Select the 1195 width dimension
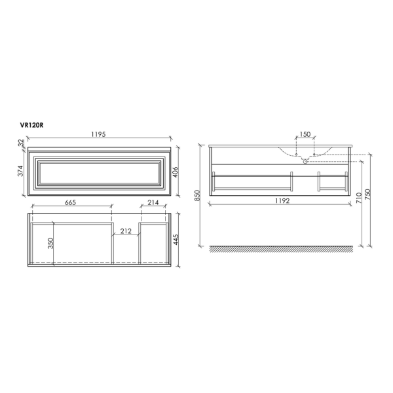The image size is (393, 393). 97,134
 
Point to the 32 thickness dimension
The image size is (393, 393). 21,142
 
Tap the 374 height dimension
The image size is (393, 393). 20,171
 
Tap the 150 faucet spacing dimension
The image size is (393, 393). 305,134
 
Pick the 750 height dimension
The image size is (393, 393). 371,197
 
